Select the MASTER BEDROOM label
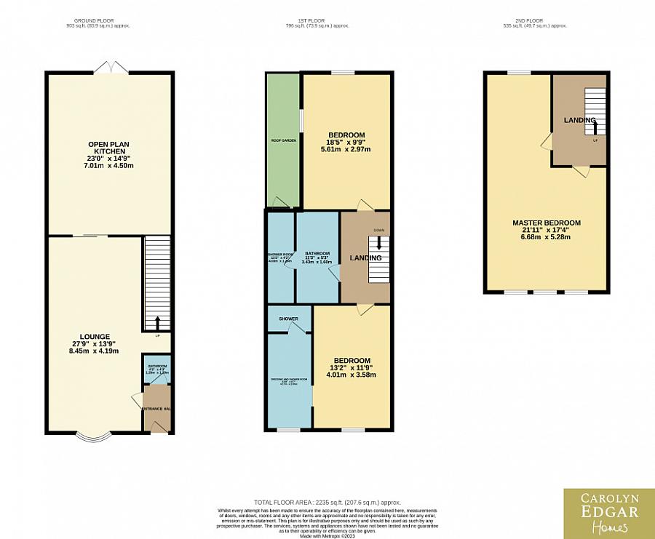coord(546,223)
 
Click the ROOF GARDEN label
coord(283,140)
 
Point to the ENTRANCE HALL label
coord(156,409)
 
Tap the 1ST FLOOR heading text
coord(317,20)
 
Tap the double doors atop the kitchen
coord(112,67)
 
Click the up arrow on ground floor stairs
coord(158,322)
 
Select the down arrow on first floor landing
coord(378,245)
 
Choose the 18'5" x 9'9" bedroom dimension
coord(346,143)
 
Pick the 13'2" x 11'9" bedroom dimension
coord(352,368)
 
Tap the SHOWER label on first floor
coord(289,319)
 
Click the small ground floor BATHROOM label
coord(157,366)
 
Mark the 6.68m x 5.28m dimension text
coord(546,237)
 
